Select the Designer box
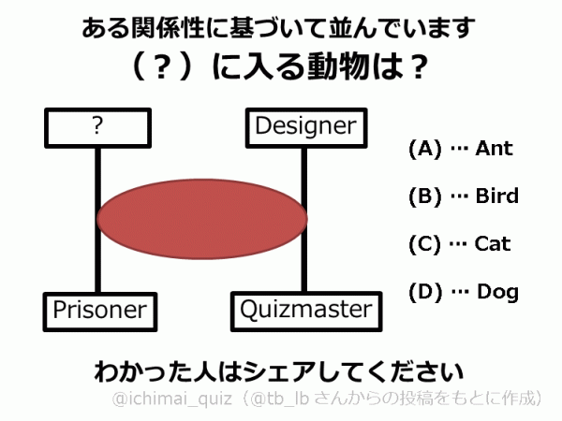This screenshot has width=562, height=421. (305, 125)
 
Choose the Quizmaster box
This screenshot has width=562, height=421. (305, 310)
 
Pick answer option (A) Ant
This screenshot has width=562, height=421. (460, 149)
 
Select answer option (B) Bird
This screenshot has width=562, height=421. (463, 196)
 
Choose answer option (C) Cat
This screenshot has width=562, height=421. (460, 244)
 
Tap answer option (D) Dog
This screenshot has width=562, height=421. (463, 292)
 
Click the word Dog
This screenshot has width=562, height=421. (497, 292)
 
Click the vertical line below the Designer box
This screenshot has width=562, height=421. (303, 168)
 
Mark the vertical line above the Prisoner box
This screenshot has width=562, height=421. (96, 271)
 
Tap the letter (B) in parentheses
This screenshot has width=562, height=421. (424, 196)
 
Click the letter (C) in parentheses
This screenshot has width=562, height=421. (424, 244)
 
